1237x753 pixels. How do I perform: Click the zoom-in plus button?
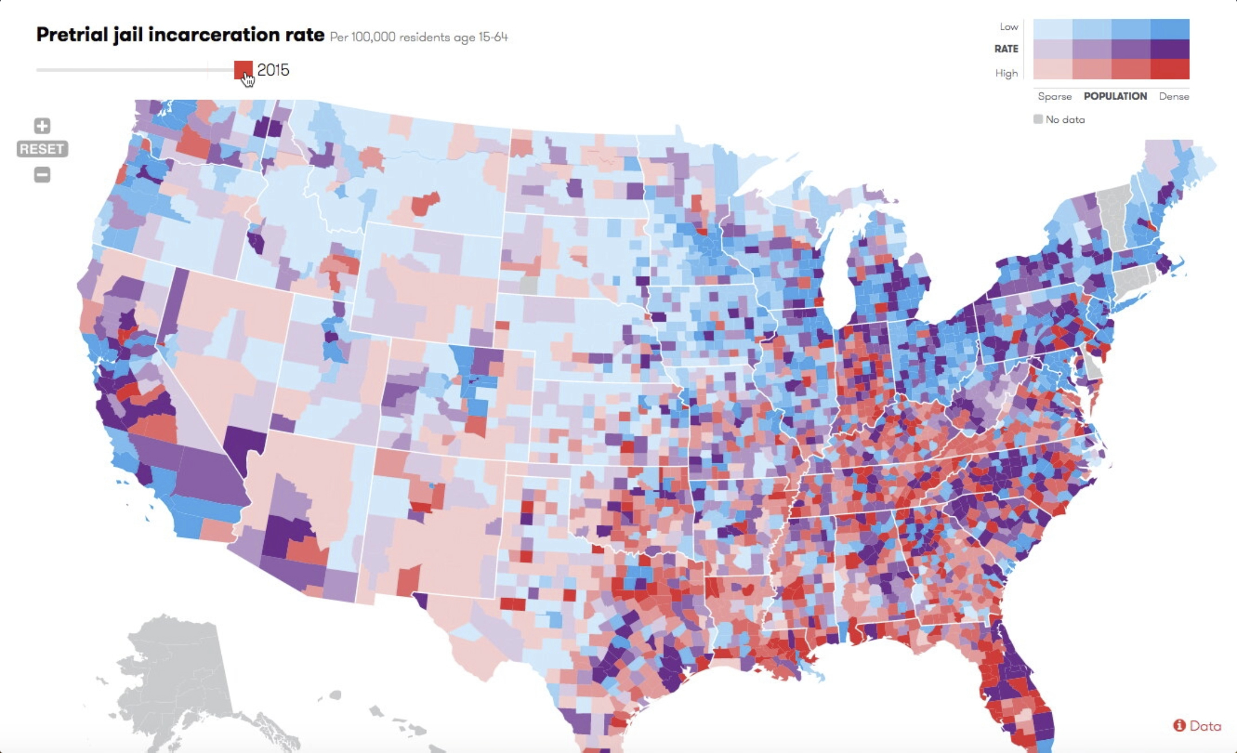click(42, 125)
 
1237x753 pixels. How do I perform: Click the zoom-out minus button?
click(42, 174)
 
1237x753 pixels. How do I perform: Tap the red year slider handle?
click(243, 70)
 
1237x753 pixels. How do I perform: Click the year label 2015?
click(273, 70)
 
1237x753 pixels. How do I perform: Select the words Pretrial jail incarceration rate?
click(180, 35)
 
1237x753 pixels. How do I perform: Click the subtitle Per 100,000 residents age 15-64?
click(419, 37)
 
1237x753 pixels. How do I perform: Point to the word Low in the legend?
click(1009, 26)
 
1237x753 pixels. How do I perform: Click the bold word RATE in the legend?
click(1006, 49)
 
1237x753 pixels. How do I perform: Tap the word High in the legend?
click(1007, 73)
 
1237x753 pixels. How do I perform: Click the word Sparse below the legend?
click(1055, 97)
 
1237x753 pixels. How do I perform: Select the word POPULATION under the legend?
click(1115, 96)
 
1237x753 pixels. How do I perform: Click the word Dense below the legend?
click(1174, 97)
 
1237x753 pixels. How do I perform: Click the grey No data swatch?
click(1038, 119)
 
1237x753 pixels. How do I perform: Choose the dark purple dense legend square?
click(1170, 49)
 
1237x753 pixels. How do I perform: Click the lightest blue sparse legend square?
click(1052, 29)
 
